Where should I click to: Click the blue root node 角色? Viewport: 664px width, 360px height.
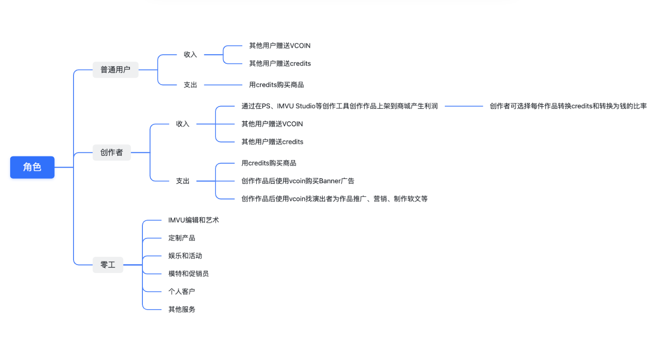(32, 167)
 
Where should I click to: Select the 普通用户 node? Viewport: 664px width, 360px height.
(115, 70)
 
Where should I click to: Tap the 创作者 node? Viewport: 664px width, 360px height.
(111, 152)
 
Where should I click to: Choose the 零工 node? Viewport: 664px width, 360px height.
(108, 265)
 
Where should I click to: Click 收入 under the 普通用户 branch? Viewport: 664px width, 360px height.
(190, 55)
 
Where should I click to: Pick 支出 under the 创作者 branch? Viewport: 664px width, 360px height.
(183, 181)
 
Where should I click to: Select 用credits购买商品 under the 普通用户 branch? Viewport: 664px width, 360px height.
(276, 85)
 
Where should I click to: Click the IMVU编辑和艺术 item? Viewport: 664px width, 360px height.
(193, 220)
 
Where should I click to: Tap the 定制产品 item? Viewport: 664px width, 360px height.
(182, 238)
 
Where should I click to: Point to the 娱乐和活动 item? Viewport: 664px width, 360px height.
(185, 256)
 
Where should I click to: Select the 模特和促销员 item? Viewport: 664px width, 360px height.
(188, 273)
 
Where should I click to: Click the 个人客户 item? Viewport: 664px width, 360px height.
(182, 292)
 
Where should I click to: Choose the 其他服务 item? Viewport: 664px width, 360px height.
(182, 309)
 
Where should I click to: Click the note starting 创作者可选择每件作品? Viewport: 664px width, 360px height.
(568, 106)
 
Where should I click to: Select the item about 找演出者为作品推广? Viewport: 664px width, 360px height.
(334, 199)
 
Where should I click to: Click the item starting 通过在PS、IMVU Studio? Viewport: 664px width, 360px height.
(339, 106)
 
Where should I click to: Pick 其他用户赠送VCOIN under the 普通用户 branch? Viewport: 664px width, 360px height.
(280, 45)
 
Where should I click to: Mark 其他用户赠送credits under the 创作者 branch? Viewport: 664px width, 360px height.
(272, 142)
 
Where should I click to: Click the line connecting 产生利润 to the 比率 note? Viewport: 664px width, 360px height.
(464, 106)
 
